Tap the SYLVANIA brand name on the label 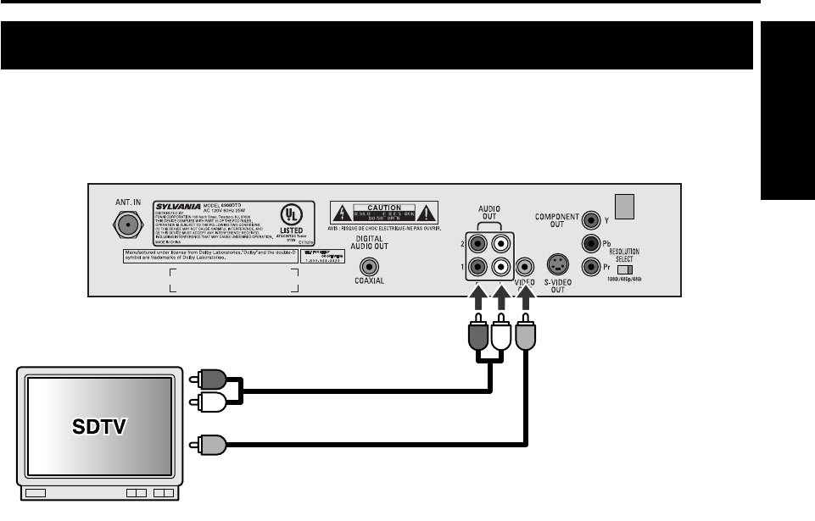(176, 206)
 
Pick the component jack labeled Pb (591, 244)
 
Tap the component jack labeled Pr (591, 265)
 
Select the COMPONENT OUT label (557, 221)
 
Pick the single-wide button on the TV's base (36, 493)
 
